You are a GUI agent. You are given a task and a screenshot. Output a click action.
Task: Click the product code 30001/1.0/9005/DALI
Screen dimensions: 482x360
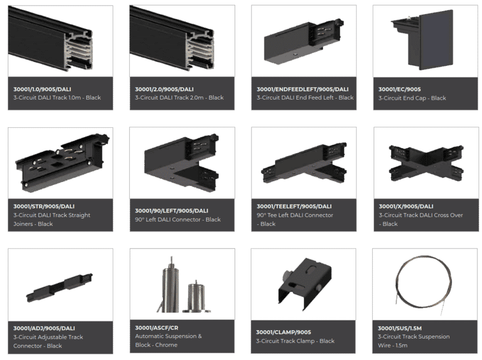(x=42, y=89)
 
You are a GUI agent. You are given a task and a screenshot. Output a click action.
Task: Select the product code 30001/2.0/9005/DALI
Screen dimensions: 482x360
(x=164, y=89)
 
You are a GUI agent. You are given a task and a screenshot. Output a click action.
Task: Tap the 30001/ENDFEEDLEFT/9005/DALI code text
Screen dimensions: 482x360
(x=303, y=89)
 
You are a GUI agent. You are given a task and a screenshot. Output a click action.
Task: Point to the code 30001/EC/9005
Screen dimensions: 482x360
(x=399, y=89)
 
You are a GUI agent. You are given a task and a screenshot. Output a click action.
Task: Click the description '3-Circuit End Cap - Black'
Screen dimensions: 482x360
(x=412, y=98)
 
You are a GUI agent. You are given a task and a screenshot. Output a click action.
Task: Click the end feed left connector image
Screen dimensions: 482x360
(x=304, y=41)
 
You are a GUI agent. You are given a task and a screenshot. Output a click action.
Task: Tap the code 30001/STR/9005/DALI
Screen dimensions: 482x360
(x=43, y=206)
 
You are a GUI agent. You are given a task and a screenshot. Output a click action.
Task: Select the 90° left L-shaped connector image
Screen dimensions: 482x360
(x=182, y=162)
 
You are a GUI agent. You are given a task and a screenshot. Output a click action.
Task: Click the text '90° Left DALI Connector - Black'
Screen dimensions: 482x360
(x=178, y=220)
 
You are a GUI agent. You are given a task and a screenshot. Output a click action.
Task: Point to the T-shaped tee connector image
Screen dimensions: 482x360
(x=304, y=163)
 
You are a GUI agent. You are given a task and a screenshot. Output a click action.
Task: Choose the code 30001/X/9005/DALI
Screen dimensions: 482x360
(x=406, y=206)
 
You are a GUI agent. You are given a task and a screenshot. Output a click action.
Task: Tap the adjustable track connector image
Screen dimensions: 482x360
(x=60, y=287)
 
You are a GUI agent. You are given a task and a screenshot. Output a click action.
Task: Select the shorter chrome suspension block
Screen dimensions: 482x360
(x=196, y=297)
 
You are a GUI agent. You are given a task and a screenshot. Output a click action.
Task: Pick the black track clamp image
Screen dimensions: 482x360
(x=304, y=285)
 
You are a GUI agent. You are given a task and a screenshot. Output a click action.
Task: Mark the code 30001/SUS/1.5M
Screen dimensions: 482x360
(x=400, y=328)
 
